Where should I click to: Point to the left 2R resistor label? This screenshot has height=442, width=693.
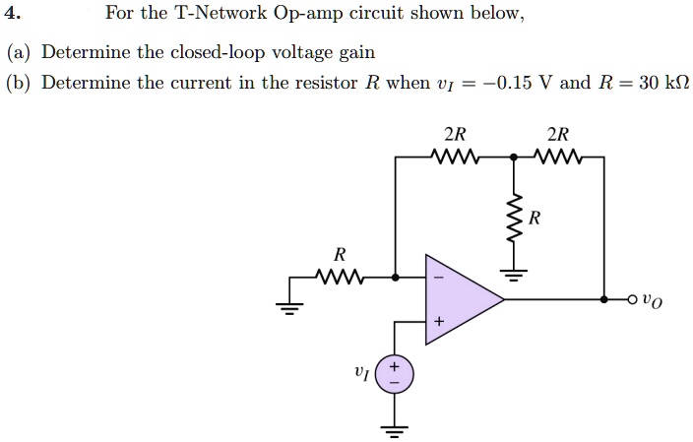455,135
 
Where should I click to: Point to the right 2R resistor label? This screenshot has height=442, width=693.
557,135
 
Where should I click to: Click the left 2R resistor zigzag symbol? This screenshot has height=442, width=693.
455,156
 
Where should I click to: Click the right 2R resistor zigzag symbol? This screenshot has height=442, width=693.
557,156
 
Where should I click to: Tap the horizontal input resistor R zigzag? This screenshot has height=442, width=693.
340,277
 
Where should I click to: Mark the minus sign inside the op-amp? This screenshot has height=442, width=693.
439,278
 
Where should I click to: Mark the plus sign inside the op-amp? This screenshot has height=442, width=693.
439,322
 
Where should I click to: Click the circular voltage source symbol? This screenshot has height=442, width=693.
395,373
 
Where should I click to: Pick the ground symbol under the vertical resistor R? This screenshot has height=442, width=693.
511,270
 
